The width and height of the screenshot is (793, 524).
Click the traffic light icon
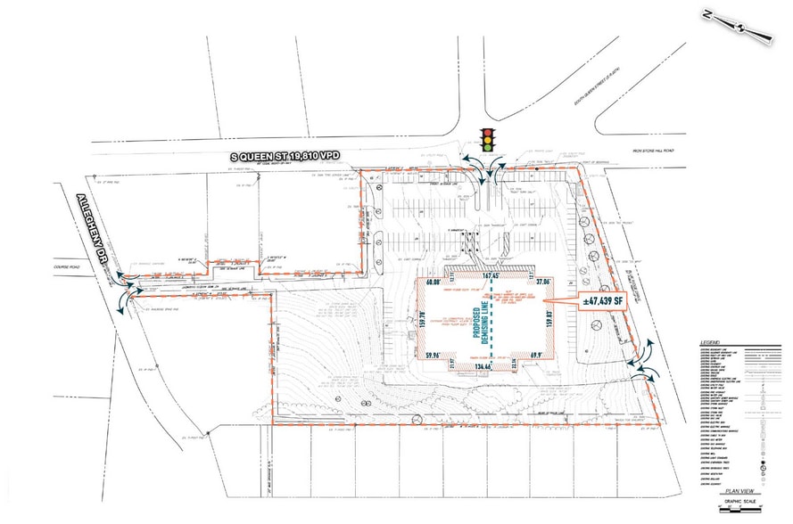(487, 139)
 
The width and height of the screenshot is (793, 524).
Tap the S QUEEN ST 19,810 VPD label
(293, 157)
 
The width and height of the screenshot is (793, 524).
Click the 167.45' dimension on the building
(490, 277)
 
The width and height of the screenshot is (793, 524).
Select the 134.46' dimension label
(484, 365)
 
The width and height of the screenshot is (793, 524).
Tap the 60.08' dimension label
(434, 282)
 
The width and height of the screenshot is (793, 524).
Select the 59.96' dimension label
(434, 356)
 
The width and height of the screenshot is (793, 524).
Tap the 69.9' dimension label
(537, 356)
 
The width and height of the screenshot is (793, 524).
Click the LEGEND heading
(711, 342)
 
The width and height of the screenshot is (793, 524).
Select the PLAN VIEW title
(739, 489)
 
